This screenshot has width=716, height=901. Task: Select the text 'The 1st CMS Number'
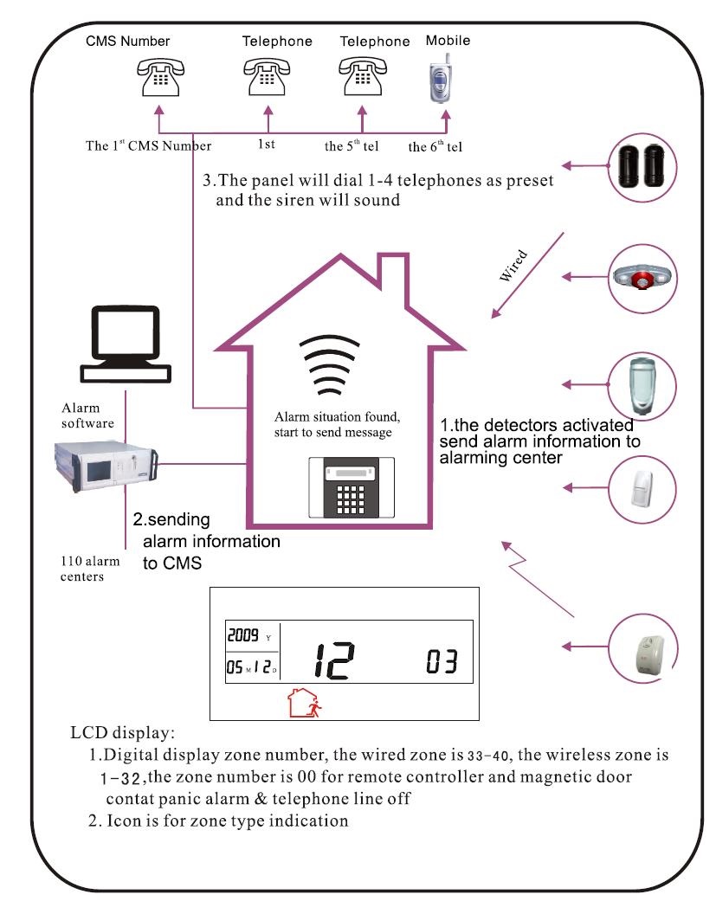[148, 145]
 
